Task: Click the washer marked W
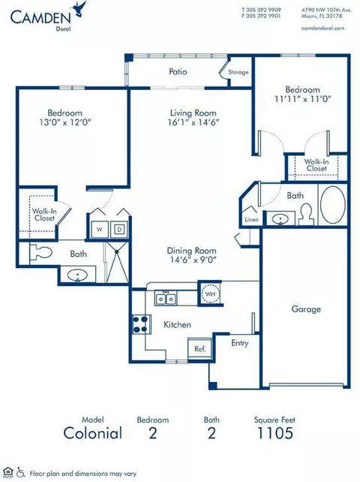pyautogui.click(x=99, y=229)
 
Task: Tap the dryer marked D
pyautogui.click(x=118, y=229)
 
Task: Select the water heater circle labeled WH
pyautogui.click(x=210, y=294)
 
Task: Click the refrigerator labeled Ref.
pyautogui.click(x=199, y=348)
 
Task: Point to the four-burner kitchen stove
pyautogui.click(x=141, y=324)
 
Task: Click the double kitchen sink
pyautogui.click(x=166, y=299)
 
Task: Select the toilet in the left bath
pyautogui.click(x=40, y=253)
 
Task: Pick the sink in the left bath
pyautogui.click(x=78, y=275)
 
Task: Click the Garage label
pyautogui.click(x=306, y=309)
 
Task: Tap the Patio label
pyautogui.click(x=178, y=71)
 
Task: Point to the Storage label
pyautogui.click(x=238, y=72)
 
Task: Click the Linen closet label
pyautogui.click(x=251, y=220)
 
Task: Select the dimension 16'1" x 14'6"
pyautogui.click(x=193, y=122)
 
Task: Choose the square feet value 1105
pyautogui.click(x=275, y=433)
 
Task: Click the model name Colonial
pyautogui.click(x=93, y=433)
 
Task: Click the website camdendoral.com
pyautogui.click(x=322, y=28)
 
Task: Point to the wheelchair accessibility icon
pyautogui.click(x=20, y=471)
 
